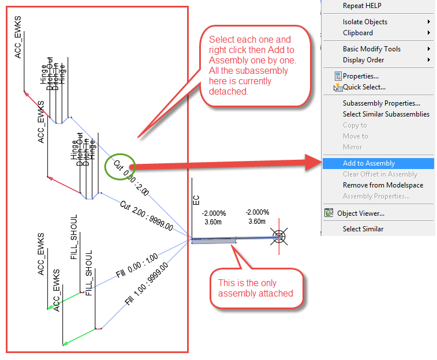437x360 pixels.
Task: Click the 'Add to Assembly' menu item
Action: coord(369,163)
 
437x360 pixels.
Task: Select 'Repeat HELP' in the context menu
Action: coord(362,6)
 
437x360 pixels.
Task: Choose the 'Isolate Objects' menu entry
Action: coord(365,22)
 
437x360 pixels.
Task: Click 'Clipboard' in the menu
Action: coord(358,33)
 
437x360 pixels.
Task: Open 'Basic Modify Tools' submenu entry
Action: coord(371,49)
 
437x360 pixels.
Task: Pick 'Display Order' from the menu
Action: coord(363,60)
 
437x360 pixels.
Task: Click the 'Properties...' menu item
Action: coord(360,76)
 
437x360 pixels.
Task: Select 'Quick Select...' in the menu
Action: coord(364,87)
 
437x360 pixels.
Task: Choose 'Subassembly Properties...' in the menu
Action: coord(381,103)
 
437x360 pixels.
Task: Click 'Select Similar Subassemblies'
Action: coord(386,114)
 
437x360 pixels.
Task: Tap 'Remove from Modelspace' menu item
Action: coord(383,185)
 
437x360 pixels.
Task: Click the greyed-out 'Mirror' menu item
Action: coord(352,147)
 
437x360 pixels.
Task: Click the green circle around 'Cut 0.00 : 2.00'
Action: coord(119,166)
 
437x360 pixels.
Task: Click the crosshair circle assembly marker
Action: coord(279,236)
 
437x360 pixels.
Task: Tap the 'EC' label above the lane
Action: coord(196,201)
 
